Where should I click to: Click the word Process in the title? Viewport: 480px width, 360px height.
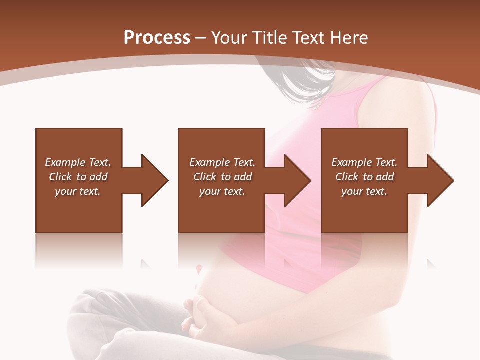click(157, 38)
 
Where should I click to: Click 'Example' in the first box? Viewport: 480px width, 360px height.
click(65, 162)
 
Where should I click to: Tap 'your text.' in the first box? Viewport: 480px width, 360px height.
click(78, 191)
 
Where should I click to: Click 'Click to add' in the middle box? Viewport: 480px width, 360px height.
click(222, 177)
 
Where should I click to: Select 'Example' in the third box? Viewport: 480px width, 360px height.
click(351, 162)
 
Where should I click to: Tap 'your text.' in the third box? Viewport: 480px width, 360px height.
click(364, 191)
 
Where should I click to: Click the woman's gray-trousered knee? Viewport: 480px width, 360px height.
click(95, 310)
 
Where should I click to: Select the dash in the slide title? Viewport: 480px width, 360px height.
click(201, 38)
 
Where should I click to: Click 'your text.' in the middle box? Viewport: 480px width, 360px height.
click(222, 191)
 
